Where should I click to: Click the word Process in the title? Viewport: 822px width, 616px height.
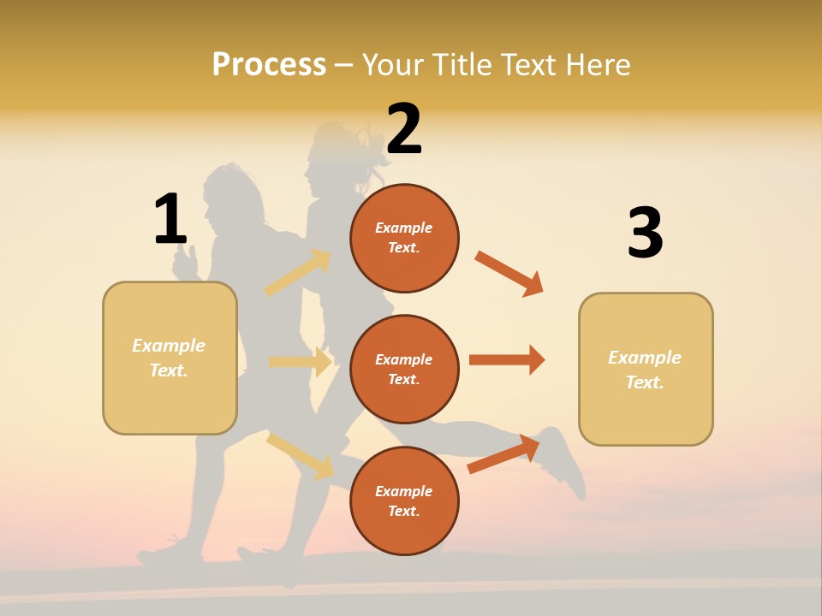[269, 65]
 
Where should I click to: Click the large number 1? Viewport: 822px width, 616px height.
[170, 220]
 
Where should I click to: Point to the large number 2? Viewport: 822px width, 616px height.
[404, 130]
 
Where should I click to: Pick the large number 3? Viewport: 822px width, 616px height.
[645, 234]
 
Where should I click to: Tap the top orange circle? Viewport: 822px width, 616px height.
[404, 238]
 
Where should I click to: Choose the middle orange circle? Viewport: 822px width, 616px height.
[404, 369]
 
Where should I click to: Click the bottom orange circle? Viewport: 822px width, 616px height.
[404, 500]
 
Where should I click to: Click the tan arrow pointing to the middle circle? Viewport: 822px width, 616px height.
[300, 362]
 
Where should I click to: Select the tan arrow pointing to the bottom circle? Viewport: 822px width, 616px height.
[300, 456]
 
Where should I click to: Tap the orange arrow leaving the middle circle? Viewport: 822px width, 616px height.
[507, 360]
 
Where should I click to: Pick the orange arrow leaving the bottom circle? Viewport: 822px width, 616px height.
[503, 454]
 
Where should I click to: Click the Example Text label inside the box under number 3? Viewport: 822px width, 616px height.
[645, 370]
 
